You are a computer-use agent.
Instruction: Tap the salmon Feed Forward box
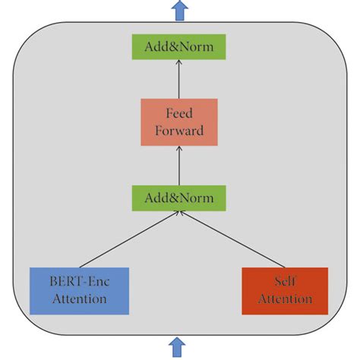pyautogui.click(x=179, y=122)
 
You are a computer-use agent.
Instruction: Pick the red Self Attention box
pyautogui.click(x=284, y=290)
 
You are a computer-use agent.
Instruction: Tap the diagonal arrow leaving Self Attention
pyautogui.click(x=232, y=239)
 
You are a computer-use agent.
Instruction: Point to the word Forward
pyautogui.click(x=179, y=130)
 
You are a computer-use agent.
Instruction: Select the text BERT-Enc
pyautogui.click(x=80, y=282)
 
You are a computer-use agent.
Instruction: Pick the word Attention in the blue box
pyautogui.click(x=79, y=298)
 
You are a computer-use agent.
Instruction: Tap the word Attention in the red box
pyautogui.click(x=285, y=298)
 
